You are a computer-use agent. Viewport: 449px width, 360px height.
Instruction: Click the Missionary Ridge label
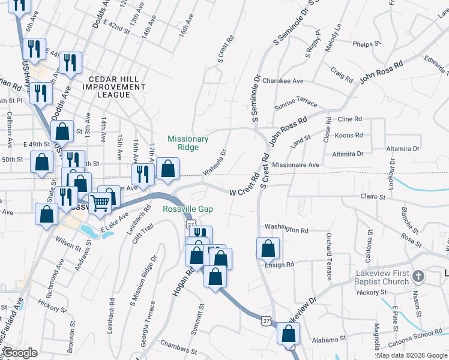188,143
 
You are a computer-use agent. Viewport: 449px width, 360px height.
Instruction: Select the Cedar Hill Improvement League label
117,86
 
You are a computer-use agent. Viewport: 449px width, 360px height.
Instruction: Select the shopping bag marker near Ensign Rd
268,248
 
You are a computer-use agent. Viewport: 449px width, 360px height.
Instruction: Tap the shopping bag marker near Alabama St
289,334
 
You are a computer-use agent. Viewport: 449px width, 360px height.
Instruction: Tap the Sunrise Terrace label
295,103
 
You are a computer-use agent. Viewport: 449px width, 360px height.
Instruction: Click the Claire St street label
372,196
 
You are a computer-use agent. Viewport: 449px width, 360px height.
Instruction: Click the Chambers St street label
178,347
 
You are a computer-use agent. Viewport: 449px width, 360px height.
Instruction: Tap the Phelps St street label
367,43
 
